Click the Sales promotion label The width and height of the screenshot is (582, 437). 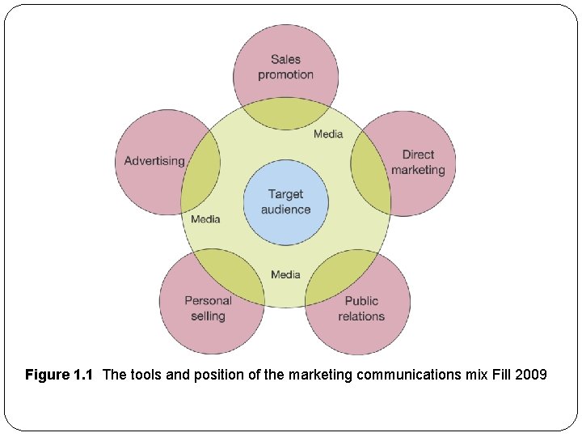click(x=285, y=66)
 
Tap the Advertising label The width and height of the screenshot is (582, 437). click(x=154, y=161)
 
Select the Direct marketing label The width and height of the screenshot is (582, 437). click(x=418, y=162)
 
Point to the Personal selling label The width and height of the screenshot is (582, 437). click(x=208, y=308)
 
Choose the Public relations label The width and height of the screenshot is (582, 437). click(x=361, y=308)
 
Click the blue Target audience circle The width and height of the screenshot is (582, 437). click(x=285, y=202)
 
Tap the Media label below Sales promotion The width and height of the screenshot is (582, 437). click(x=328, y=134)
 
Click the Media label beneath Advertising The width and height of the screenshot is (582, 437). click(x=205, y=219)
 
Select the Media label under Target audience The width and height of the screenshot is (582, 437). click(x=285, y=274)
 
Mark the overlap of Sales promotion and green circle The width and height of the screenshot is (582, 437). click(x=285, y=113)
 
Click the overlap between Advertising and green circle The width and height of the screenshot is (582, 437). click(x=202, y=166)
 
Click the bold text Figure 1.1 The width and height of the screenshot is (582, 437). click(x=59, y=375)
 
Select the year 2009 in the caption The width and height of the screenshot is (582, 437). click(x=532, y=375)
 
